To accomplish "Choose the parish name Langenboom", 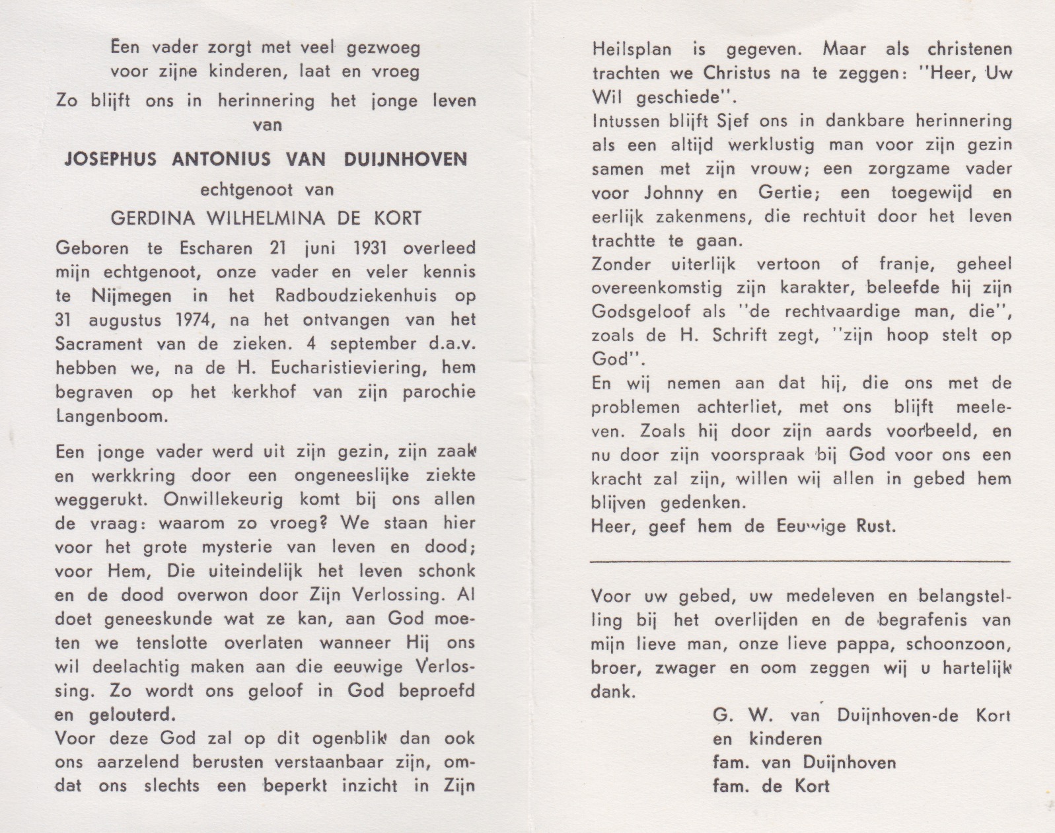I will coord(112,416).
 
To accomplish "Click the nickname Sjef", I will coord(733,121).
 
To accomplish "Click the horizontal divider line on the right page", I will coord(799,561).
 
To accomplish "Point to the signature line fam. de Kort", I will coord(770,786).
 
